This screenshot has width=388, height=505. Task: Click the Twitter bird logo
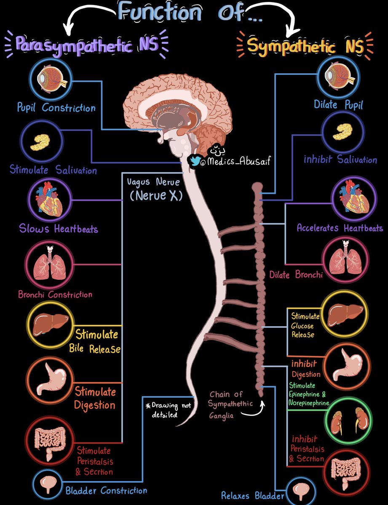click(195, 160)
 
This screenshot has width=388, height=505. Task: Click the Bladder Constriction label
click(106, 490)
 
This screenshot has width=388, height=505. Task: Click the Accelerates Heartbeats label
click(340, 228)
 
